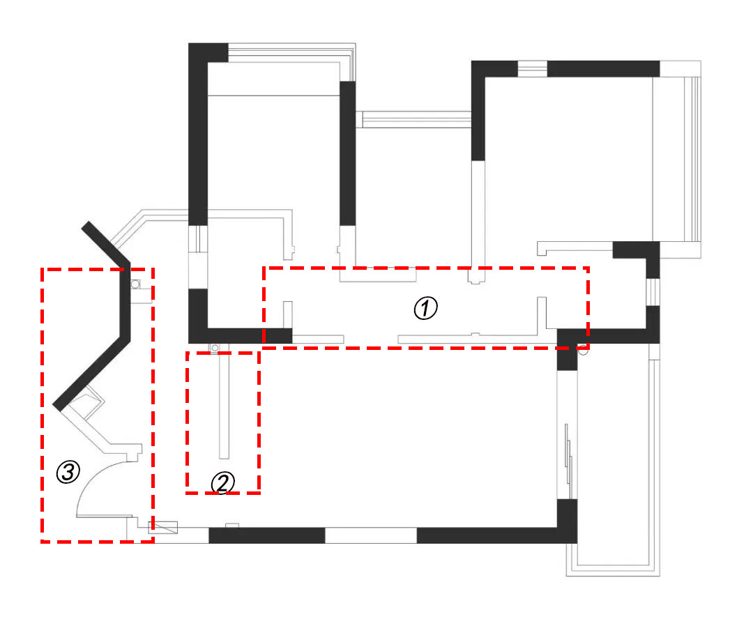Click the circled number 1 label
[425, 308]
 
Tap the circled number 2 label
[223, 482]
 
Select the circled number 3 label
[68, 472]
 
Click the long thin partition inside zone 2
[224, 405]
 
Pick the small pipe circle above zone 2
[215, 348]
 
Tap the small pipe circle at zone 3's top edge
[135, 284]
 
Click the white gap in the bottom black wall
[371, 535]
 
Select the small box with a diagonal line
[162, 527]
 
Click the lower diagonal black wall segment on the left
[91, 374]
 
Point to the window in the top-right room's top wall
[533, 69]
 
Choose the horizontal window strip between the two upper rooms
[416, 119]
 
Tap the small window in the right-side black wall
[653, 292]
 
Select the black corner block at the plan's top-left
[208, 53]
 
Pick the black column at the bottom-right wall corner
[567, 521]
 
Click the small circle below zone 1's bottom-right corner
[582, 350]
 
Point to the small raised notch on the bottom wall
[232, 526]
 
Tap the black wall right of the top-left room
[348, 153]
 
